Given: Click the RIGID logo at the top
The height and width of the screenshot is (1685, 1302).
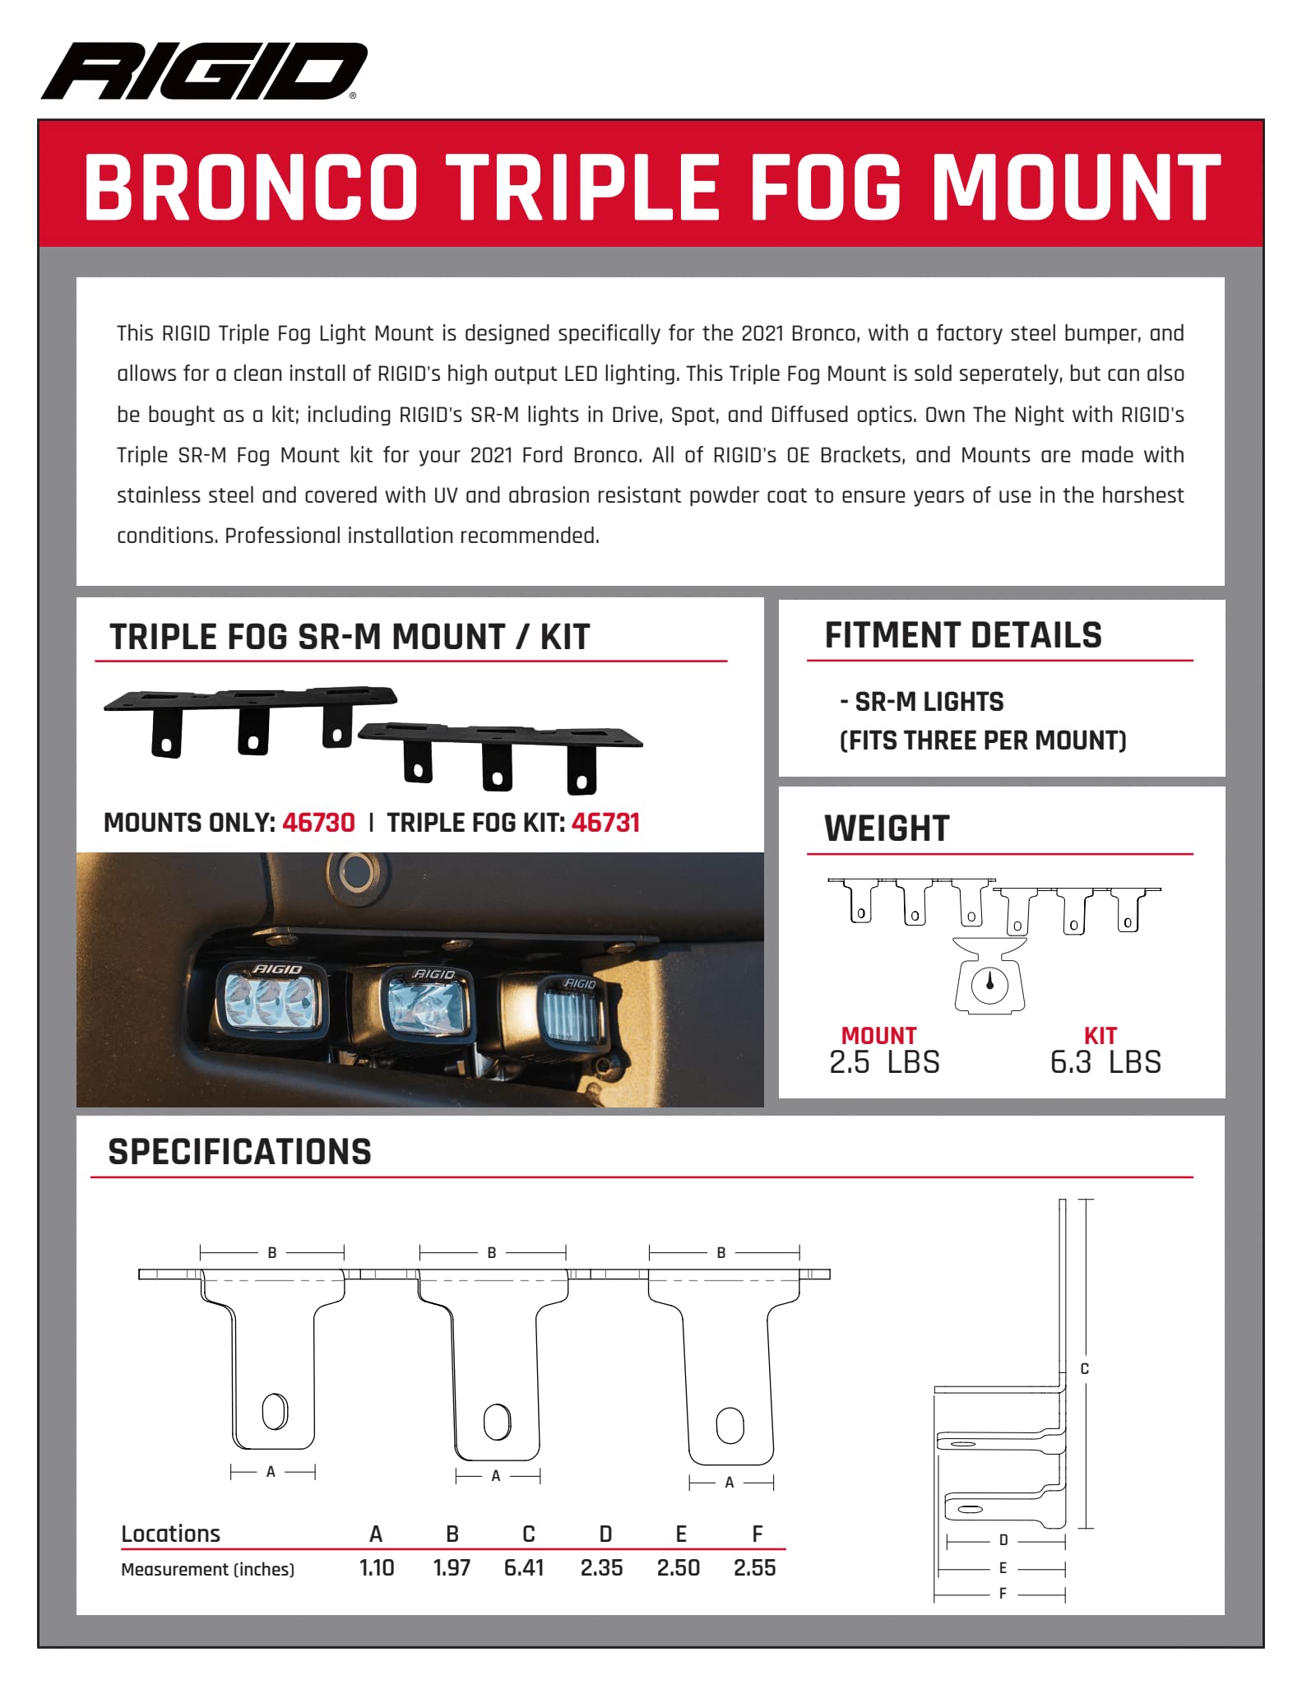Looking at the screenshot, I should [204, 71].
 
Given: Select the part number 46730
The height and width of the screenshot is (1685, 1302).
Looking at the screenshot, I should [318, 823].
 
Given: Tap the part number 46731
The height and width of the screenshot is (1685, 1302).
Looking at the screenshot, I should [605, 823].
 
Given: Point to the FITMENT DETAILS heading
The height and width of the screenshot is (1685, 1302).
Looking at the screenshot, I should [962, 636].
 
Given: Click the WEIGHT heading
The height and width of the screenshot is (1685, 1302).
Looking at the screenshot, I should [887, 829].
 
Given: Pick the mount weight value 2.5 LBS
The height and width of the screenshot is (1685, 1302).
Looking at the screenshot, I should [883, 1062].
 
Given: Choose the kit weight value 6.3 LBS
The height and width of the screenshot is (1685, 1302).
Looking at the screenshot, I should [1105, 1062].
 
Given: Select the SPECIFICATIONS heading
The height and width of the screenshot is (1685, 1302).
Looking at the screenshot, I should [239, 1152].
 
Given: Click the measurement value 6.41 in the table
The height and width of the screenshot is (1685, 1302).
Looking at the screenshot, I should [524, 1567].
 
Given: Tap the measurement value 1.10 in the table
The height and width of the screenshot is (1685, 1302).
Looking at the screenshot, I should [377, 1567].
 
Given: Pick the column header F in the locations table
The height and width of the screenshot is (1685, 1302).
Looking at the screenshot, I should [757, 1534].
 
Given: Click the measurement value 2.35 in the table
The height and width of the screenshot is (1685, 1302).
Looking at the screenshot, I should [601, 1567].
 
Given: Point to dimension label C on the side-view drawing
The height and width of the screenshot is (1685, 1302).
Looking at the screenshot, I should [1084, 1368].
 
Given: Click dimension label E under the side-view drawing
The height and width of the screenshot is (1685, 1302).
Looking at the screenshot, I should [1003, 1568].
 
